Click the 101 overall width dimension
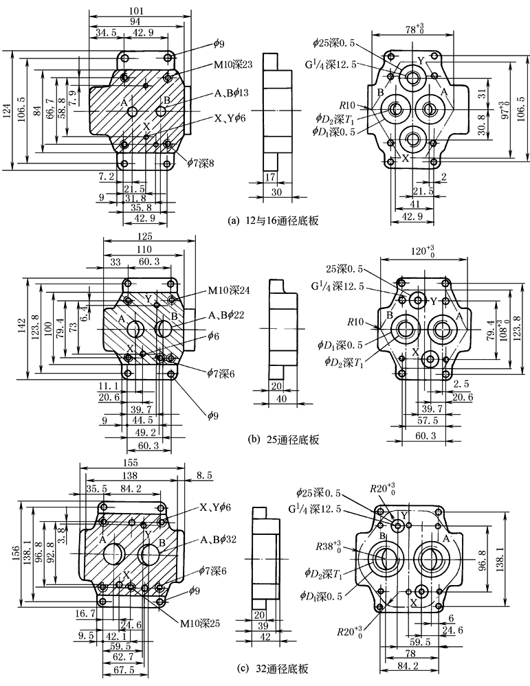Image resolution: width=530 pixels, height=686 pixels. pyautogui.click(x=136, y=10)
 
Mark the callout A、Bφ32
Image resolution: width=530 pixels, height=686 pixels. pyautogui.click(x=217, y=539)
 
